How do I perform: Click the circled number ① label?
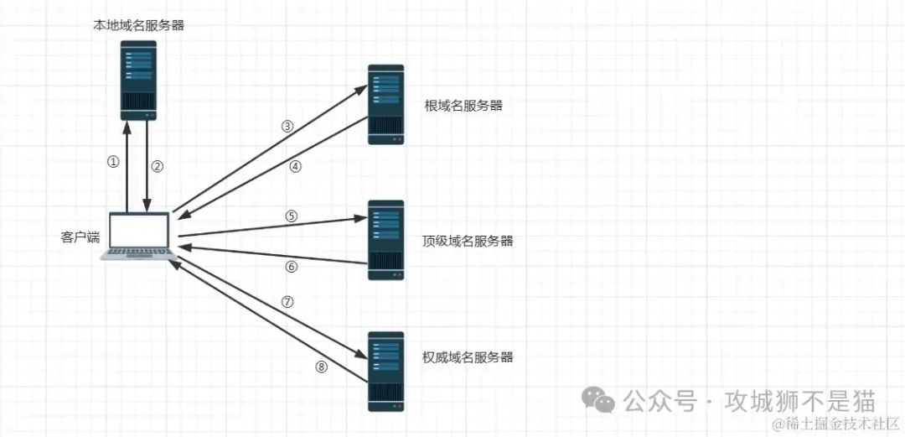(114, 163)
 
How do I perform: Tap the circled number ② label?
(157, 165)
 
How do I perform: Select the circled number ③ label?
(287, 127)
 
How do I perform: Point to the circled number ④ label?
(294, 166)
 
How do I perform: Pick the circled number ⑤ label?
(292, 216)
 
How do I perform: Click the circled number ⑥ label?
(292, 267)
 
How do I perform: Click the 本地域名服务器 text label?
(138, 25)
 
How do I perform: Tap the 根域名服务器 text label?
(463, 106)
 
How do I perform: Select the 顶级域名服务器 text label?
(468, 241)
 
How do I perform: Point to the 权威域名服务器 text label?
(468, 357)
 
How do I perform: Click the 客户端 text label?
(80, 237)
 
